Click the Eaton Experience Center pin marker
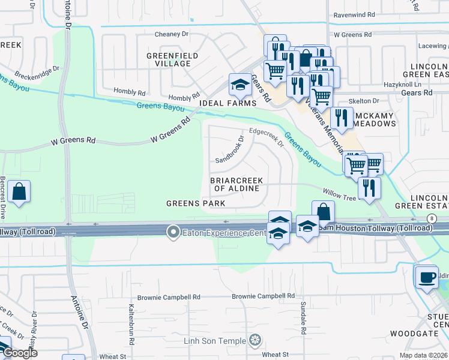173,231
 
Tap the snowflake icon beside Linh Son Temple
256,341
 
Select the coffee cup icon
426,277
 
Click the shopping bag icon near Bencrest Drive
19,192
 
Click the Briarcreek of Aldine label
234,184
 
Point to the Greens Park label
196,203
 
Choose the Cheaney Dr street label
175,34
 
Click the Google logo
20,353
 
